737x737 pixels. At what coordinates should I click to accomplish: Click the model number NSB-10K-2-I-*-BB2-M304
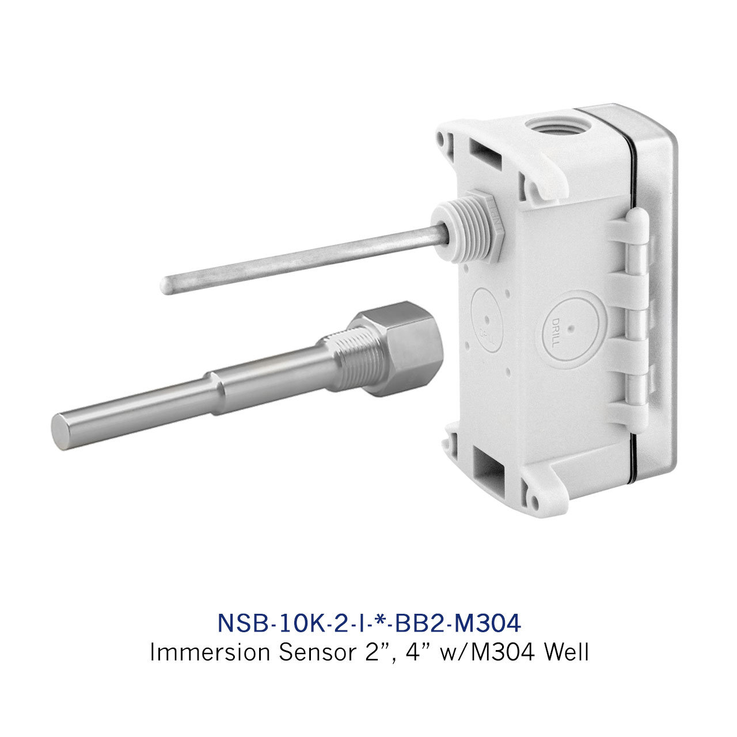click(369, 623)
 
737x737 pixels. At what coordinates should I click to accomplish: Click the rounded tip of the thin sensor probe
click(166, 285)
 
